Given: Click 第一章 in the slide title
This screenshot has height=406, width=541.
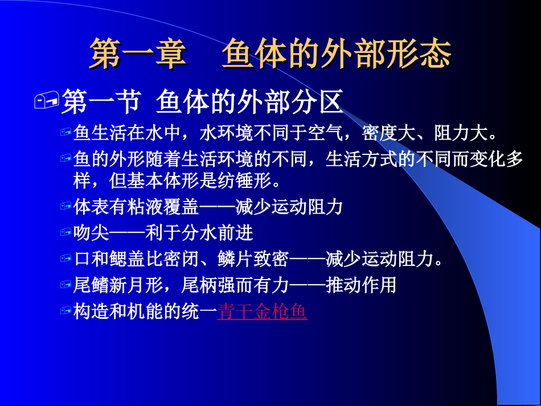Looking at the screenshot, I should (138, 55).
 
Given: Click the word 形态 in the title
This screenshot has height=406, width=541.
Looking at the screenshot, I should (422, 55).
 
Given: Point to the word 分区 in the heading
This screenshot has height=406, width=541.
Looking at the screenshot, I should (323, 102).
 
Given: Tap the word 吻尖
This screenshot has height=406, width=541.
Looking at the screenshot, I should (91, 233).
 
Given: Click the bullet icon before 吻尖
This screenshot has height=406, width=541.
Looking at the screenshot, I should (65, 233).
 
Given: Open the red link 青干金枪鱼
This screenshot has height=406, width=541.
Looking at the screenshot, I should (262, 312).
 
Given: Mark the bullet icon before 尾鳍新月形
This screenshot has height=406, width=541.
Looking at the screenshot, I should (65, 286).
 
